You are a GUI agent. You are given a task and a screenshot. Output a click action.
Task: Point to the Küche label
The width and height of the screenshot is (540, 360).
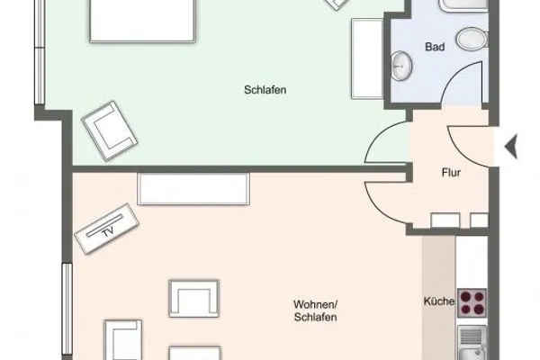tap(438, 301)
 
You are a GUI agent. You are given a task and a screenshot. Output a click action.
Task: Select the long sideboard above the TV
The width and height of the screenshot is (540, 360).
tap(193, 188)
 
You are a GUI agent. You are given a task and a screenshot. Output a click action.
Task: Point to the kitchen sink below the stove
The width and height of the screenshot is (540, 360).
tap(471, 343)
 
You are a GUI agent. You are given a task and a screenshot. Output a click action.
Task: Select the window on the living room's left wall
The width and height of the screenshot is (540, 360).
tap(66, 306)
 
